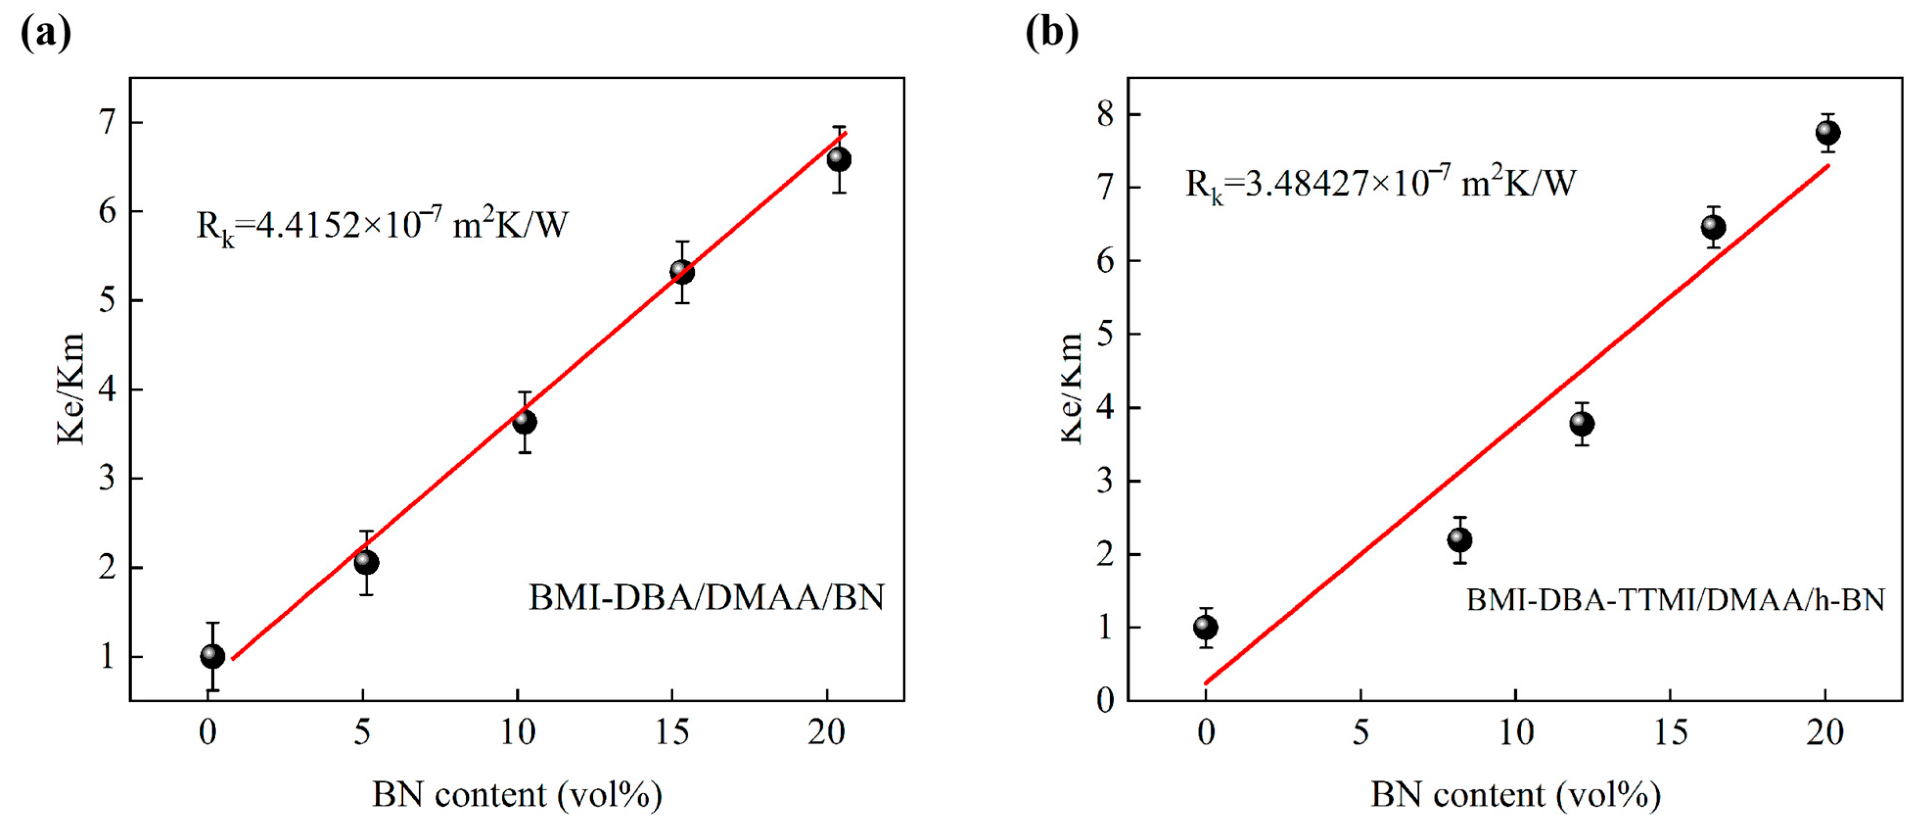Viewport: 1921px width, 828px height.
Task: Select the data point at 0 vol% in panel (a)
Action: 212,656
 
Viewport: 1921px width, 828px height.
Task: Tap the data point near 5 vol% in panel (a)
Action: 366,562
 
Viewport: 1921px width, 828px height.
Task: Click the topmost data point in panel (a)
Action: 839,159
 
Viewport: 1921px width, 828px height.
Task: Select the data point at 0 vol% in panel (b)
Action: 1206,627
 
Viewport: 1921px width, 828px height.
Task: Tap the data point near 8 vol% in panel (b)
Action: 1460,539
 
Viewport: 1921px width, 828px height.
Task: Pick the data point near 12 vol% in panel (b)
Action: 1582,424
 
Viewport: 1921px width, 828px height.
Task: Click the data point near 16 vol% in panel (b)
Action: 1714,226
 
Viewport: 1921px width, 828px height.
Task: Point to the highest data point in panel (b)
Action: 1828,133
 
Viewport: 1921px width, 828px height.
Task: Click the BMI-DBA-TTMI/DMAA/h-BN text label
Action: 1675,599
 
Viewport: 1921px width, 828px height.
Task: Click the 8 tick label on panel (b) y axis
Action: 1105,115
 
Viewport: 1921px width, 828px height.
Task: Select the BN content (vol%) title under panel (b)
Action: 1515,796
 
